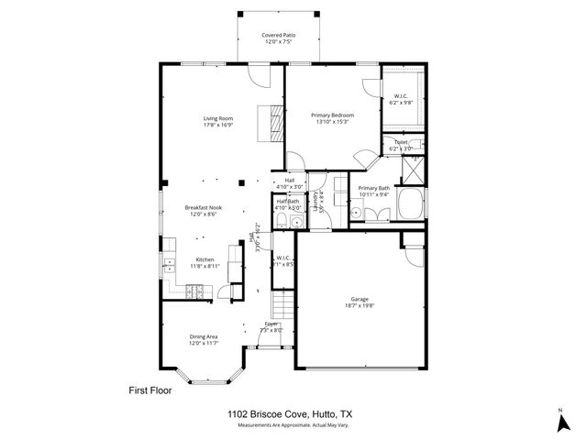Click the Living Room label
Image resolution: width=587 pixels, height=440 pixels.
coord(218,117)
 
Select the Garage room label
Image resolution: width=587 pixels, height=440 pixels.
coord(359,299)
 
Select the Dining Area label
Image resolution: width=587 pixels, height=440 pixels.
coord(204,336)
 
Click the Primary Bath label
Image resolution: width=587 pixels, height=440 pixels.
coord(372,188)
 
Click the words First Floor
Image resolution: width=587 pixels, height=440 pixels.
coord(149,390)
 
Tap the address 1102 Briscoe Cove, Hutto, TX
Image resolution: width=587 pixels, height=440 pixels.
coord(290,414)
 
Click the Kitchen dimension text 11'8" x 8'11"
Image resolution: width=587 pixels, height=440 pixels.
coord(205,266)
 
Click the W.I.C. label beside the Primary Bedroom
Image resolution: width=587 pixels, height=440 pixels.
coord(401,96)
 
